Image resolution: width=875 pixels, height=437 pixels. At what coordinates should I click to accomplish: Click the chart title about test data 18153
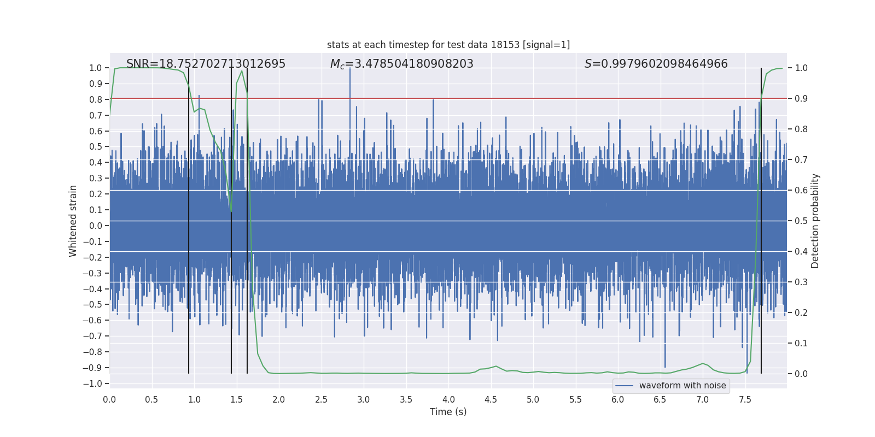448,45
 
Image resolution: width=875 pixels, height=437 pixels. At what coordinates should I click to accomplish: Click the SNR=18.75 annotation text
206,64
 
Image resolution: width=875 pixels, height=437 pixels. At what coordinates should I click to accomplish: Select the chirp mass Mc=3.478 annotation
401,64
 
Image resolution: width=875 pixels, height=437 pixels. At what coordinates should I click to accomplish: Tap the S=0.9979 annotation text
656,64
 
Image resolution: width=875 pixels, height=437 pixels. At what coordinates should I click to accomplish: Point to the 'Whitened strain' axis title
73,221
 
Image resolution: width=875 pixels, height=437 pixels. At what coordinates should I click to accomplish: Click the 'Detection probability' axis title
815,221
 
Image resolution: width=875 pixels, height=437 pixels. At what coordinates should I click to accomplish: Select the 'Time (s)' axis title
448,412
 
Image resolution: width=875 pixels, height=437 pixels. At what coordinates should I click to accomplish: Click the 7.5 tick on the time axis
745,399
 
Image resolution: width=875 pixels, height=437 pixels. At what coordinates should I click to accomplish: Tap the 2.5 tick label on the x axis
321,399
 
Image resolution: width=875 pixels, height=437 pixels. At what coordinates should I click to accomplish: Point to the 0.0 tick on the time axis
109,399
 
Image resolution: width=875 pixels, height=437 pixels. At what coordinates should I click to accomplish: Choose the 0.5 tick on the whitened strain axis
95,146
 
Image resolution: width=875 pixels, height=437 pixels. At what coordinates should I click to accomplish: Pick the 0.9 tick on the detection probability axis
801,98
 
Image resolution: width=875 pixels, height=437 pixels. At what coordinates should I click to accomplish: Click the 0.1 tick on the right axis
801,343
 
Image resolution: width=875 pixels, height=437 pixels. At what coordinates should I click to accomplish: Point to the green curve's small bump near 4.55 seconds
496,367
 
